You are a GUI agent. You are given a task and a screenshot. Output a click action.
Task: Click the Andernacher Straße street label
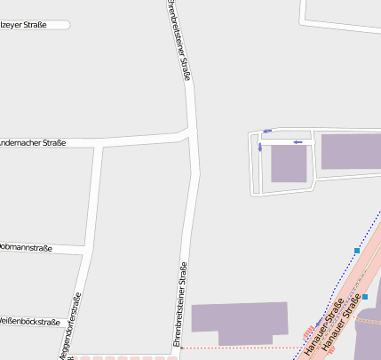pos(33,143)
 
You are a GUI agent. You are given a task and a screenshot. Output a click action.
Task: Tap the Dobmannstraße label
pos(27,247)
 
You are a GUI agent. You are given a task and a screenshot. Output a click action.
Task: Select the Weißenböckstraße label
pos(30,322)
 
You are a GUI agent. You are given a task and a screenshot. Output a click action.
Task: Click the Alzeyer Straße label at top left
pos(24,25)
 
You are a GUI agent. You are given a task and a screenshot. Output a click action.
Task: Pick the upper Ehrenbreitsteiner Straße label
pos(178,40)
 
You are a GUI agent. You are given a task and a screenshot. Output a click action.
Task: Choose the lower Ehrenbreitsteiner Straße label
pos(179,303)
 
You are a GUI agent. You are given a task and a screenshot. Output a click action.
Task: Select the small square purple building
pos(289,164)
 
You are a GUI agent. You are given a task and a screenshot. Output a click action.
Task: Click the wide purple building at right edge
pos(350,151)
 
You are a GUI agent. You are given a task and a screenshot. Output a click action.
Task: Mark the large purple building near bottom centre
pos(240,322)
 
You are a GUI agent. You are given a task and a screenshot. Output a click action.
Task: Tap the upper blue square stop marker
pos(357,251)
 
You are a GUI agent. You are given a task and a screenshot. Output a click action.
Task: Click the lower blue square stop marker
pos(365,297)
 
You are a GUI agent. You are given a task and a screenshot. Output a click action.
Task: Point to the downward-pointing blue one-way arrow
pos(260,148)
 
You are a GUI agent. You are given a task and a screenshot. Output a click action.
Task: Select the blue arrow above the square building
pos(299,141)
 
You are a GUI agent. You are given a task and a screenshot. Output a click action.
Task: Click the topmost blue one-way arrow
pos(266,132)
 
